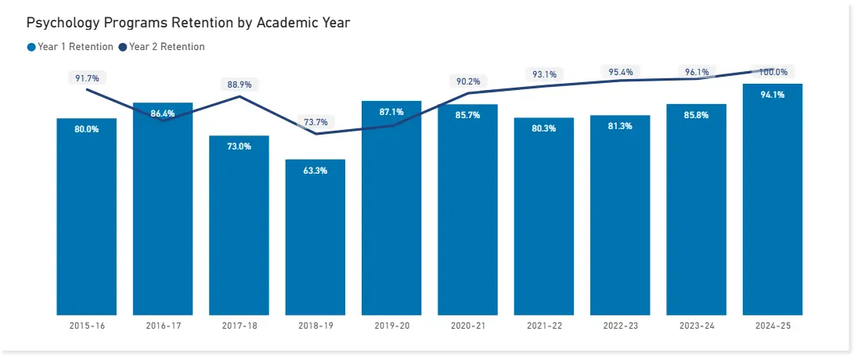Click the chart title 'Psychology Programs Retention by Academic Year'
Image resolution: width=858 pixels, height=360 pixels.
[188, 23]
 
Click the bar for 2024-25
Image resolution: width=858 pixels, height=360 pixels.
[772, 203]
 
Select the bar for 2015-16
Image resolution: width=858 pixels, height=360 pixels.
[86, 219]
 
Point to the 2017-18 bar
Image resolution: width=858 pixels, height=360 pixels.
[239, 227]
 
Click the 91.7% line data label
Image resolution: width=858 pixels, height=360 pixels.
[86, 78]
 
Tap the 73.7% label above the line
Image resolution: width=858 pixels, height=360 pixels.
[315, 122]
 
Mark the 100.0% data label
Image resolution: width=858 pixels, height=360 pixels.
[773, 72]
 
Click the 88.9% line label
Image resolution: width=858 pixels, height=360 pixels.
[239, 85]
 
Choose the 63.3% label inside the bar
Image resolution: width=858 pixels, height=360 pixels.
[315, 171]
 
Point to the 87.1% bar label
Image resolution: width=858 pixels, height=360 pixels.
[391, 112]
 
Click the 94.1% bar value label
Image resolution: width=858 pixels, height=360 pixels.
[772, 95]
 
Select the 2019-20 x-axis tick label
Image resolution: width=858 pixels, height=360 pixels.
[391, 326]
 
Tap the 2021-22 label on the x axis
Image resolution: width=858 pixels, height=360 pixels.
[544, 326]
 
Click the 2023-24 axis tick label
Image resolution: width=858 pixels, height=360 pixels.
[696, 326]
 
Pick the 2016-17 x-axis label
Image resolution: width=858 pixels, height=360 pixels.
[163, 326]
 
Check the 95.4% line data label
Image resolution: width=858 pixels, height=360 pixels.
[620, 72]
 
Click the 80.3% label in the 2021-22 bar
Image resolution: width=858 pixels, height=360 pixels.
[544, 128]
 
